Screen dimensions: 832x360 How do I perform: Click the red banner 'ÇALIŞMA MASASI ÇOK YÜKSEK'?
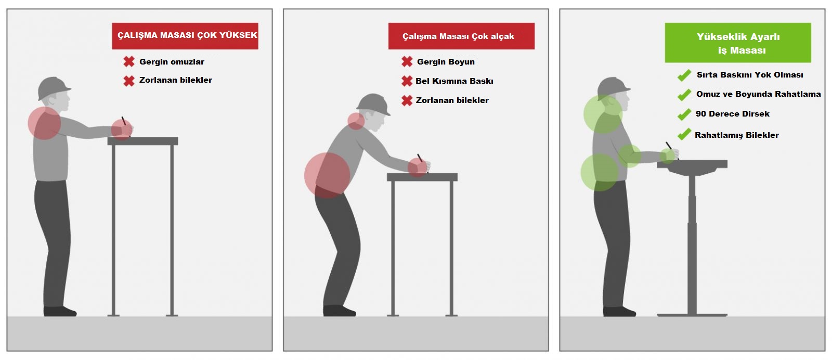pos(185,36)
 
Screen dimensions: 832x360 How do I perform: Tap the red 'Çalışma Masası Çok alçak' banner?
pos(461,36)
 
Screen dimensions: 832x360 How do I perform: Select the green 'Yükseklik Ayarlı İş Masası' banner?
pos(738,43)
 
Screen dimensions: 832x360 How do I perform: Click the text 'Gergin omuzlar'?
pos(172,62)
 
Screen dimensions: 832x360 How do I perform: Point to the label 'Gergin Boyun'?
pos(446,62)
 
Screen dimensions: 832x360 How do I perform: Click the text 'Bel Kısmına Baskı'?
pos(454,81)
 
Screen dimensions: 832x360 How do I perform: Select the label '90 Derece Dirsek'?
pos(733,114)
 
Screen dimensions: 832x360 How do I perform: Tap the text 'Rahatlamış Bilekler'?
pos(737,135)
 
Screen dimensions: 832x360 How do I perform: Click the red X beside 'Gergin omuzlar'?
pos(129,62)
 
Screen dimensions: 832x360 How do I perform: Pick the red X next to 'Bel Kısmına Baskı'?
pos(407,81)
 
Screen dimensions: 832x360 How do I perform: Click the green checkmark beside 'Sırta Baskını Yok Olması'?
pos(684,75)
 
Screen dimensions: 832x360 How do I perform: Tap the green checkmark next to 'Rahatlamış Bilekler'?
pos(684,134)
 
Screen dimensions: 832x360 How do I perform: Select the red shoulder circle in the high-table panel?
pos(45,123)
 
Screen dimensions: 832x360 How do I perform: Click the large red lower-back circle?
pos(327,175)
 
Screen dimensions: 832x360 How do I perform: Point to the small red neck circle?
pos(356,121)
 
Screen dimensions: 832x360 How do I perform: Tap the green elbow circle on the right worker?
pos(630,156)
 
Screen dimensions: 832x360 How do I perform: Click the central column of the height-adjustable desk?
pos(692,245)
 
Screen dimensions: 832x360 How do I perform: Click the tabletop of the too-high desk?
pos(142,141)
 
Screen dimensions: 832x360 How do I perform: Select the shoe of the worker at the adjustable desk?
pos(619,311)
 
